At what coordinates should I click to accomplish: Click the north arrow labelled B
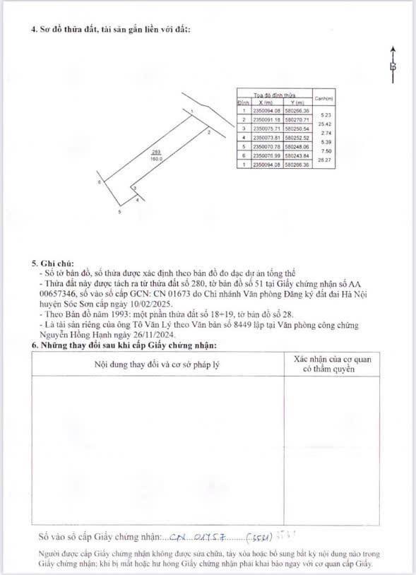(393, 66)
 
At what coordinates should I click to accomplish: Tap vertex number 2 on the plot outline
(209, 132)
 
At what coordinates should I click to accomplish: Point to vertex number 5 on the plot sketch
(120, 211)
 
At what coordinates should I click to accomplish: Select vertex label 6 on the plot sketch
(100, 182)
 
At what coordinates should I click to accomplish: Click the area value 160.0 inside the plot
(156, 159)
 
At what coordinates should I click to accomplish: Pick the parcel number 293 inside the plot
(156, 153)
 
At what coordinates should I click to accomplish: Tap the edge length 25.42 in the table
(325, 124)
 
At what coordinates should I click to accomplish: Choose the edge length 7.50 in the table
(325, 151)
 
